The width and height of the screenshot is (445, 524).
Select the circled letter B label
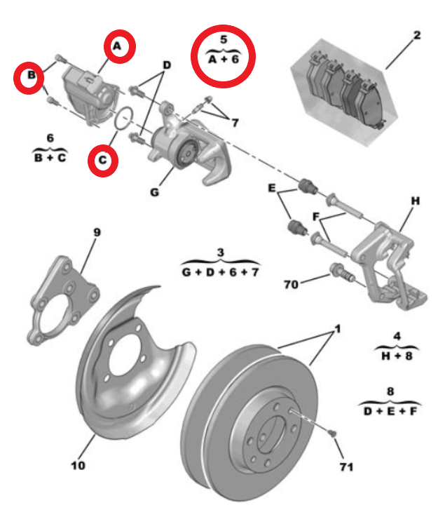pyautogui.click(x=31, y=75)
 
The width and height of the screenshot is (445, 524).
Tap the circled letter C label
pyautogui.click(x=102, y=161)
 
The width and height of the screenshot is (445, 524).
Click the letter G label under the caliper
pyautogui.click(x=154, y=191)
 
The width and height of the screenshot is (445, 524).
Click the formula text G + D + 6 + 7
pyautogui.click(x=219, y=270)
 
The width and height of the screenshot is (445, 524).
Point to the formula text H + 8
pyautogui.click(x=397, y=355)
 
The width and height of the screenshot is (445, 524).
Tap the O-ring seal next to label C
pyautogui.click(x=123, y=120)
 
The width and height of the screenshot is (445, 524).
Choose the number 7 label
pyautogui.click(x=235, y=123)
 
